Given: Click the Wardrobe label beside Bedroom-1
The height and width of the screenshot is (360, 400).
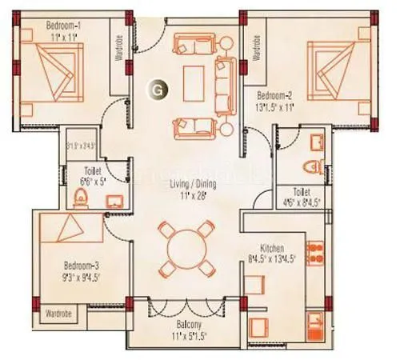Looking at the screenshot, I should point(118,49).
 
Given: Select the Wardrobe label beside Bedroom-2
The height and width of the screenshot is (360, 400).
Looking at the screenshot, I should point(256,49).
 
